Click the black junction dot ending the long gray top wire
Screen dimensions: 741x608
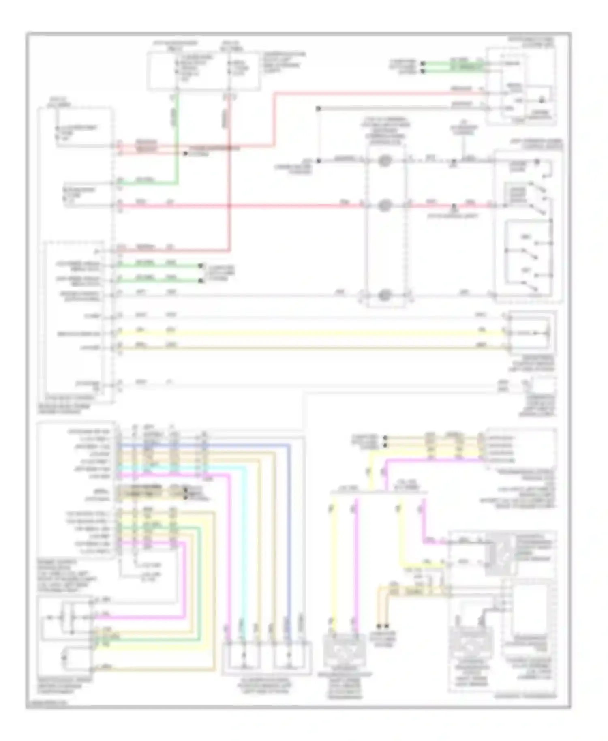(x=319, y=109)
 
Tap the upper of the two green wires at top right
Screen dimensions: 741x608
(x=450, y=64)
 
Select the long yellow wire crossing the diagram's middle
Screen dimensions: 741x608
(x=308, y=333)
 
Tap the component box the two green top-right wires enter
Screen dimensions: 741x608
(x=521, y=85)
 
